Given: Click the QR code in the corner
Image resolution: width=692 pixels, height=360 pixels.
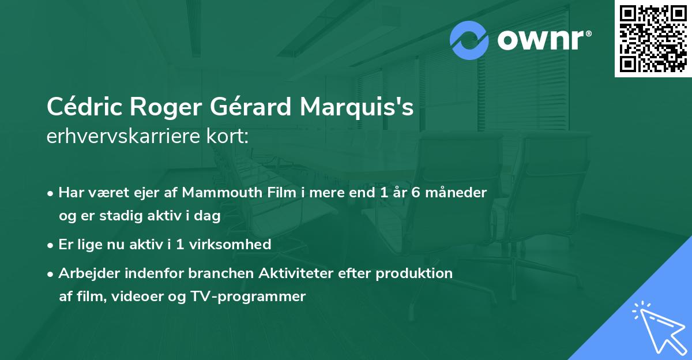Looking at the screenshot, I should [653, 39].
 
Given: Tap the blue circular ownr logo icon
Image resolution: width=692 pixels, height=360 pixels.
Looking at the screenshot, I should [469, 40].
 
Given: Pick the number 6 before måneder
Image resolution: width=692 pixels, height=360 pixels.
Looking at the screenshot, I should [415, 193].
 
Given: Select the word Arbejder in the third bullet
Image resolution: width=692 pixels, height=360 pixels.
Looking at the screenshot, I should [86, 273].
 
